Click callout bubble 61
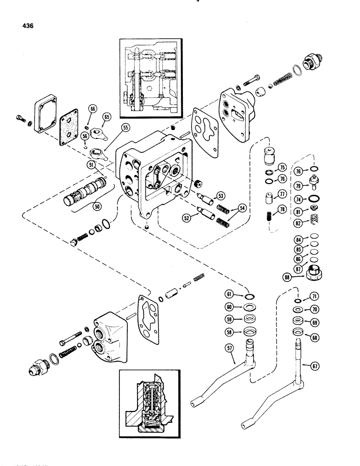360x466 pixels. click(x=229, y=294)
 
